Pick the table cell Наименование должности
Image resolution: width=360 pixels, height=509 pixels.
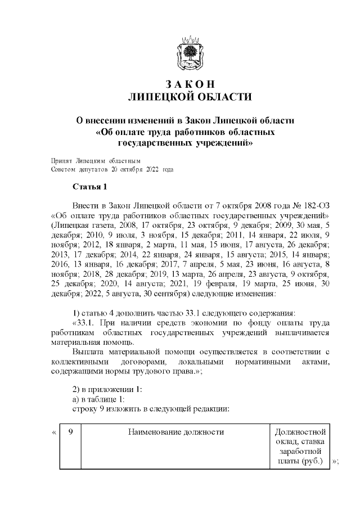175,432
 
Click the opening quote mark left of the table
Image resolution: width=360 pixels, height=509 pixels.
53,433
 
